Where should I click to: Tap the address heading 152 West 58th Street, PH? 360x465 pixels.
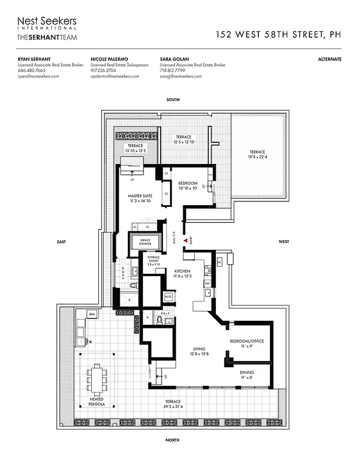point(278,34)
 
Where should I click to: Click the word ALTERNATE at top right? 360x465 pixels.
point(330,59)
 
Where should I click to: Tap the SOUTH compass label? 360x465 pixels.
point(173,100)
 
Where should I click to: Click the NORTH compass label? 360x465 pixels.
point(172,441)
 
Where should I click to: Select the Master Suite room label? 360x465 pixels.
point(140,199)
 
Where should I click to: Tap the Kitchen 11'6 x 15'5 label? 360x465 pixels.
point(183,274)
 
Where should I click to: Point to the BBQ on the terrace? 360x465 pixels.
point(91,314)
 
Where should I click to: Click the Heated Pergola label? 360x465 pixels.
point(97,400)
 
